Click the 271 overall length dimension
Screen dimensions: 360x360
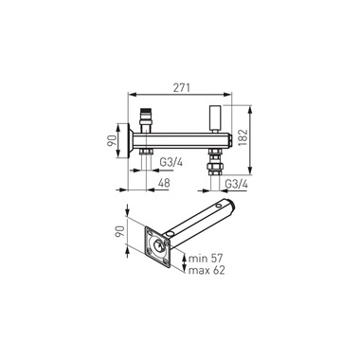pyautogui.click(x=181, y=88)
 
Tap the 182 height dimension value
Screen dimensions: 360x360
pyautogui.click(x=243, y=137)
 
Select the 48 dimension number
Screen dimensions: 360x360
pyautogui.click(x=164, y=183)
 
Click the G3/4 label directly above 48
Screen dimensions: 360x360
pyautogui.click(x=171, y=162)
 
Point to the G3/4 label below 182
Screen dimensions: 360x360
pyautogui.click(x=236, y=184)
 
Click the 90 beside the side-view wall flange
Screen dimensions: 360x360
pyautogui.click(x=111, y=140)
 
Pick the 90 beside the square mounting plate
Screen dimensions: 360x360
pyautogui.click(x=119, y=232)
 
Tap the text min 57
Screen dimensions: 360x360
pyautogui.click(x=206, y=259)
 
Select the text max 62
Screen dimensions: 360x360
pyautogui.click(x=207, y=270)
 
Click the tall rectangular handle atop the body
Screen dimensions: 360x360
pyautogui.click(x=214, y=119)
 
